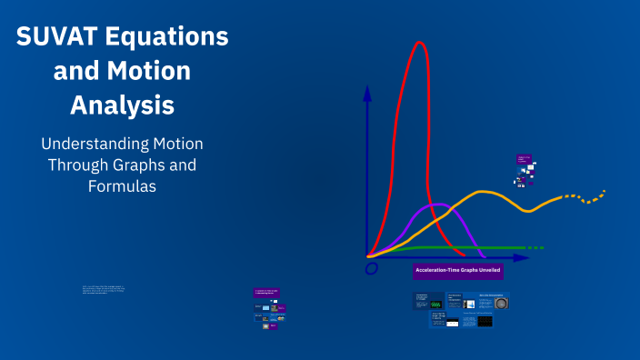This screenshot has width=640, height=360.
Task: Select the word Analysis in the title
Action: tap(122, 105)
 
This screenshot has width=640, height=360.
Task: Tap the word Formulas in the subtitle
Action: tap(122, 186)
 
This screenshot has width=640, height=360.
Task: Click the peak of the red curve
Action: tap(419, 44)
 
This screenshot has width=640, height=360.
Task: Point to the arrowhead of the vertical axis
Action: tap(367, 92)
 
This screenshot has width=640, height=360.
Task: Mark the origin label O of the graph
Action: tap(371, 268)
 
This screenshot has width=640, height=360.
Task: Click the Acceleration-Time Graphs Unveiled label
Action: tap(458, 271)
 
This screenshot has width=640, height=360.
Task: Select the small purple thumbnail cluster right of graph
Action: tap(525, 169)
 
